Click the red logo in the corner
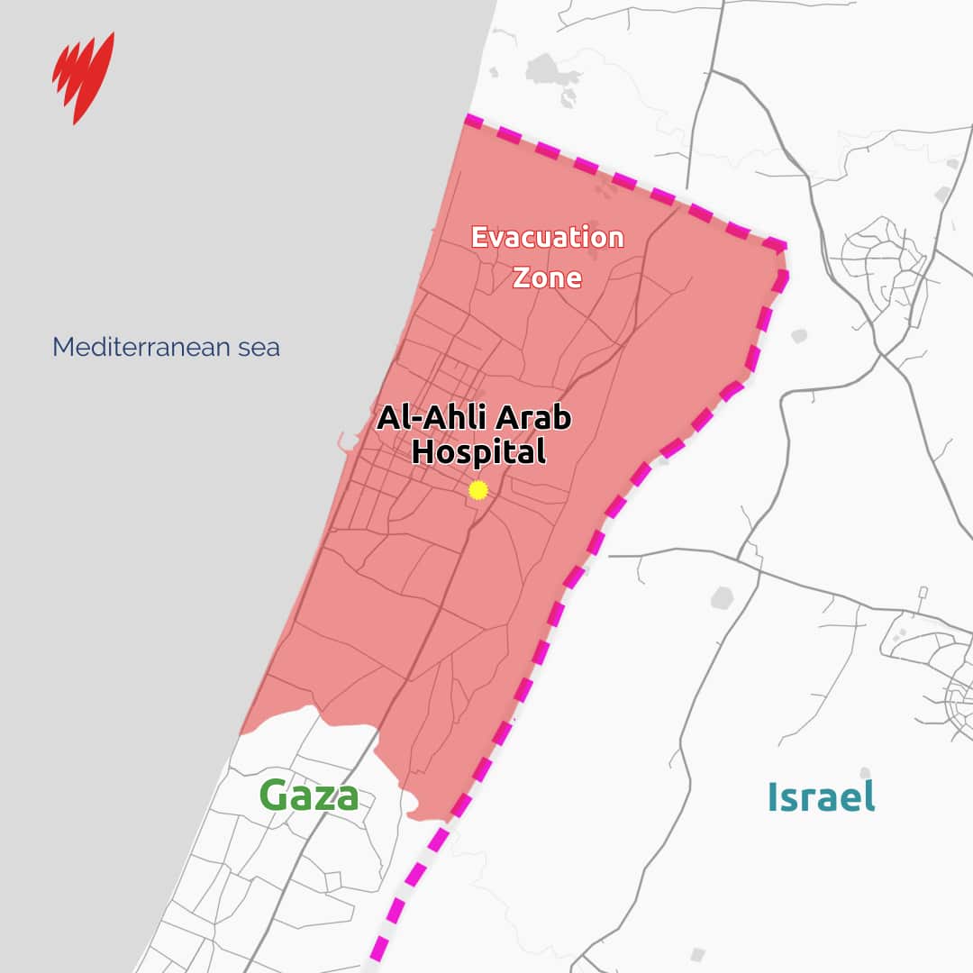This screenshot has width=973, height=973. click(83, 77)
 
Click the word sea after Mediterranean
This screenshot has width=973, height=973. click(258, 348)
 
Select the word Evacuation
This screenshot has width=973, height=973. click(548, 238)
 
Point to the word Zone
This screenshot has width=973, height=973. click(547, 277)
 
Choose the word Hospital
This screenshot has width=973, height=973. click(478, 451)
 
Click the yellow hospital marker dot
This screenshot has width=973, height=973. click(478, 490)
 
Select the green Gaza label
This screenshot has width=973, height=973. click(309, 796)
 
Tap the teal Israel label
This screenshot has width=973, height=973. click(821, 796)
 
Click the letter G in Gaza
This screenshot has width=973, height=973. click(276, 796)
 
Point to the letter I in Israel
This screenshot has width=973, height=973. click(773, 796)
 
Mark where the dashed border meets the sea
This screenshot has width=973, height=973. click(468, 118)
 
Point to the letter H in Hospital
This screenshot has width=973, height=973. click(423, 451)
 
